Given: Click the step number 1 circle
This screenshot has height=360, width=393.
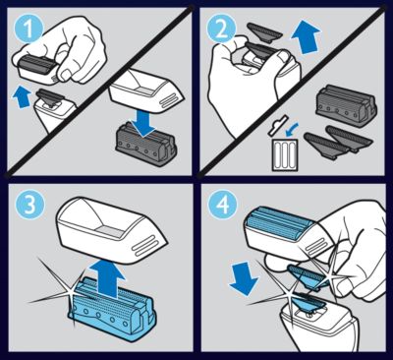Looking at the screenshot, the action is [x=28, y=29].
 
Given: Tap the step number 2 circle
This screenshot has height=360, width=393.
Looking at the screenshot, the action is [x=222, y=29].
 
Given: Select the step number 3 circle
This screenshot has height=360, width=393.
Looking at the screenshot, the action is [x=28, y=206].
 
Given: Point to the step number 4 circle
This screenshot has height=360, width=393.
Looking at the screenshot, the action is [x=223, y=206].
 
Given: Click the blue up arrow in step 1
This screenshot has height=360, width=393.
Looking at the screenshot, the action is [x=23, y=96].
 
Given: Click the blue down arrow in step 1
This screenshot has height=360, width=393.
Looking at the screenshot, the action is [x=144, y=125].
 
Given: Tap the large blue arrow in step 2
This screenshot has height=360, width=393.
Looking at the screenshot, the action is [x=307, y=37].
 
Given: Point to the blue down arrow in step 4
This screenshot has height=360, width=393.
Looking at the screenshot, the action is [x=244, y=277].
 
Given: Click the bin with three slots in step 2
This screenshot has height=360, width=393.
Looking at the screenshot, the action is [x=284, y=154].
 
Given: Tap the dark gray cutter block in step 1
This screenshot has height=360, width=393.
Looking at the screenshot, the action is [x=145, y=145].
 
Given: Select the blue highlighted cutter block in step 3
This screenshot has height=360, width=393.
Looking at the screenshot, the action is [x=112, y=308].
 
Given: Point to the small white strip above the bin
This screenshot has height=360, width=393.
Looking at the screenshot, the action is [x=277, y=125].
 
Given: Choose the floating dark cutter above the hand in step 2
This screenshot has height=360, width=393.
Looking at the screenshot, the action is [x=264, y=31].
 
